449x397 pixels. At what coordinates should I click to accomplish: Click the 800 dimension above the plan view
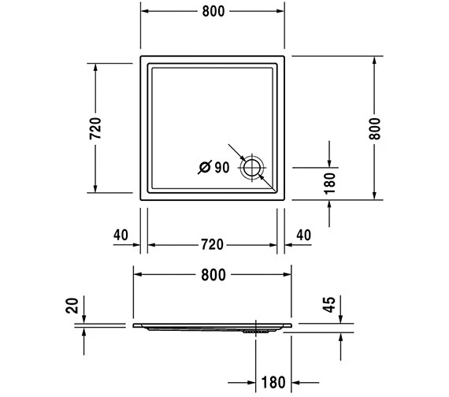point(213,11)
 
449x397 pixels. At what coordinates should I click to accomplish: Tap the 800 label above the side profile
point(213,274)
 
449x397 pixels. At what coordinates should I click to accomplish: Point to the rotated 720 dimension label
point(95,128)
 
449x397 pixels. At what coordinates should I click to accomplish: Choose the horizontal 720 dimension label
point(213,244)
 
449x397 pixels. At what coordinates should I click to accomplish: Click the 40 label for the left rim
point(121,236)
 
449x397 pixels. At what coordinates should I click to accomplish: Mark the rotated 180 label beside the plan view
point(330,183)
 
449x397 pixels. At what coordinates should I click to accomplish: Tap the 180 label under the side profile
point(273,384)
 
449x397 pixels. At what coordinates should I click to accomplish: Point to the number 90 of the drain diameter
point(221,167)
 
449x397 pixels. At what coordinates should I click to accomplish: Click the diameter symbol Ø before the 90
point(204,167)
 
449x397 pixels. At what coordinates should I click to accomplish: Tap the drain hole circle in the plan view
point(254,167)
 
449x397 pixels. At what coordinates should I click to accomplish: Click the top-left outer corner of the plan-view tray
point(140,57)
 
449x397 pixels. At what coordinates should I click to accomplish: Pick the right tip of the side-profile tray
point(292,323)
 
